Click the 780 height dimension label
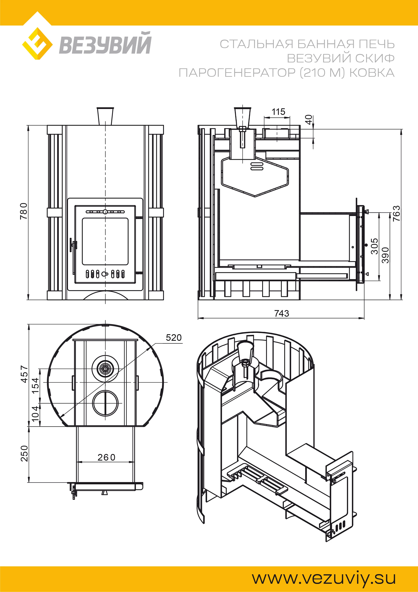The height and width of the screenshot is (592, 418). point(24,211)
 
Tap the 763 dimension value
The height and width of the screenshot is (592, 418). point(397,213)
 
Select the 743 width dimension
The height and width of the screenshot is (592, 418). point(282,313)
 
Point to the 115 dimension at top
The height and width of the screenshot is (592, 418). point(278,112)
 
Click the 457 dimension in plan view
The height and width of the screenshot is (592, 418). point(24,374)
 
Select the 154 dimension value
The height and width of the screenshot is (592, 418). point(36,385)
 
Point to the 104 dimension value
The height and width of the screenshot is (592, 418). point(36,414)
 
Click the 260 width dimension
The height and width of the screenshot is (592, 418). point(106,457)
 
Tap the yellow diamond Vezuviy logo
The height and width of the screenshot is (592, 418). point(37,43)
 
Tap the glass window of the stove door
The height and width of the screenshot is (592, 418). point(105,241)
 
